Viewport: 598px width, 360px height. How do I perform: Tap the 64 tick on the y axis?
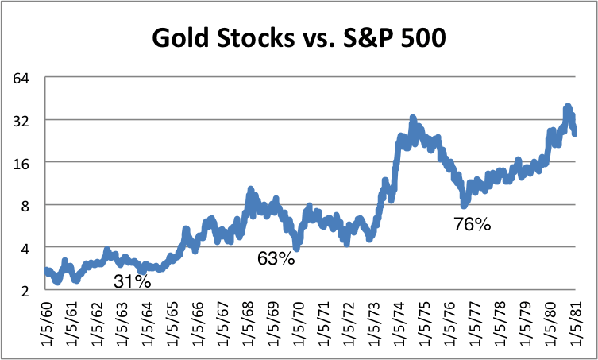21,79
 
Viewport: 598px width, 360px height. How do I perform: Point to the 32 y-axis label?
21,121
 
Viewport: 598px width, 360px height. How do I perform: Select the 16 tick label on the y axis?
21,163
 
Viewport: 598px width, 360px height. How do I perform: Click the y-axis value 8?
25,205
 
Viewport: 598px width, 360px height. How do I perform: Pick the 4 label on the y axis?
25,248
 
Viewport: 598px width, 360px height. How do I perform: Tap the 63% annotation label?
276,257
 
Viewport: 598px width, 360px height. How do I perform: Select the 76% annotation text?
473,224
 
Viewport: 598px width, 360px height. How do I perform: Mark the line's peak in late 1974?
413,119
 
